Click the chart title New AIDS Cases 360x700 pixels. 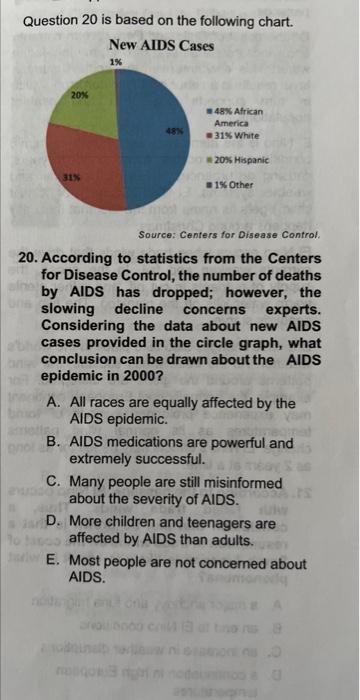coord(161,45)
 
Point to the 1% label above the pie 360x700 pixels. coord(116,62)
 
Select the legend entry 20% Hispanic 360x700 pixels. coord(239,159)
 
